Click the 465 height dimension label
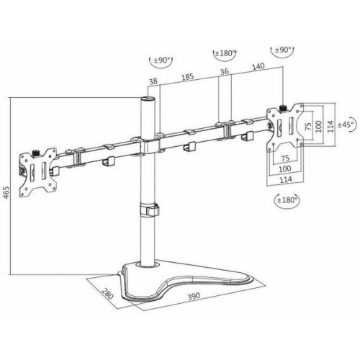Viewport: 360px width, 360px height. (x=6, y=192)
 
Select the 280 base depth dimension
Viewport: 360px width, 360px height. (x=107, y=293)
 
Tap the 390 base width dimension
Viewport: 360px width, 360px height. (x=194, y=296)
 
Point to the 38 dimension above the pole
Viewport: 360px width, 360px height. (x=153, y=81)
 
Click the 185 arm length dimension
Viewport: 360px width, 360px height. (x=187, y=77)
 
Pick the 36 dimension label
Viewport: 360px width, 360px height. (x=225, y=71)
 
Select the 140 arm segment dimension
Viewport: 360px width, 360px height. (x=258, y=66)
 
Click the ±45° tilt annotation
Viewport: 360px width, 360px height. (x=346, y=125)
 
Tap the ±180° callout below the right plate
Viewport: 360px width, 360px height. (x=287, y=199)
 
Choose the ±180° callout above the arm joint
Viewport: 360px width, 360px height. (x=225, y=53)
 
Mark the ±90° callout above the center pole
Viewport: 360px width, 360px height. (x=161, y=60)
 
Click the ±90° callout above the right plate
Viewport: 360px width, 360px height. (x=282, y=50)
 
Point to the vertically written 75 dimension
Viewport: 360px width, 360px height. (x=308, y=126)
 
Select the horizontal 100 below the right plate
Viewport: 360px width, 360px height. (x=285, y=168)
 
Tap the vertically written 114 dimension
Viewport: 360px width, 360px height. (x=330, y=126)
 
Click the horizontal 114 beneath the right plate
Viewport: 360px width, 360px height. (x=286, y=179)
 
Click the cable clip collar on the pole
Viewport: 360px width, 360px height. (x=150, y=210)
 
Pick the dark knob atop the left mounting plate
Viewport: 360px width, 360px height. (x=36, y=153)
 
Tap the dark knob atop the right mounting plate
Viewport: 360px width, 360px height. (x=284, y=108)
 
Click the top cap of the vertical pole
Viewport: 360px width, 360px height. (x=148, y=99)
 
